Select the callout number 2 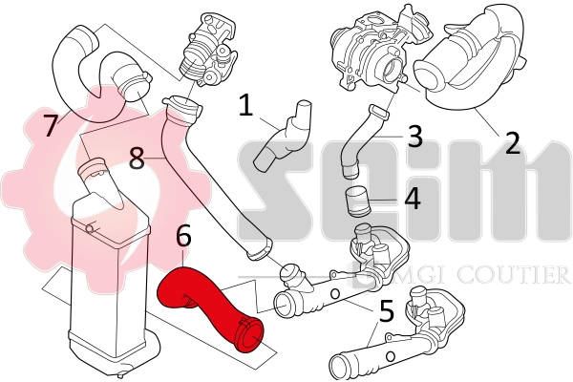click(x=512, y=142)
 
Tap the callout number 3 click(x=414, y=135)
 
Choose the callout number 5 click(x=386, y=310)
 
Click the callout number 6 click(x=184, y=234)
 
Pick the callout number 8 click(x=138, y=157)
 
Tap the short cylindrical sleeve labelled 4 click(x=356, y=203)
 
